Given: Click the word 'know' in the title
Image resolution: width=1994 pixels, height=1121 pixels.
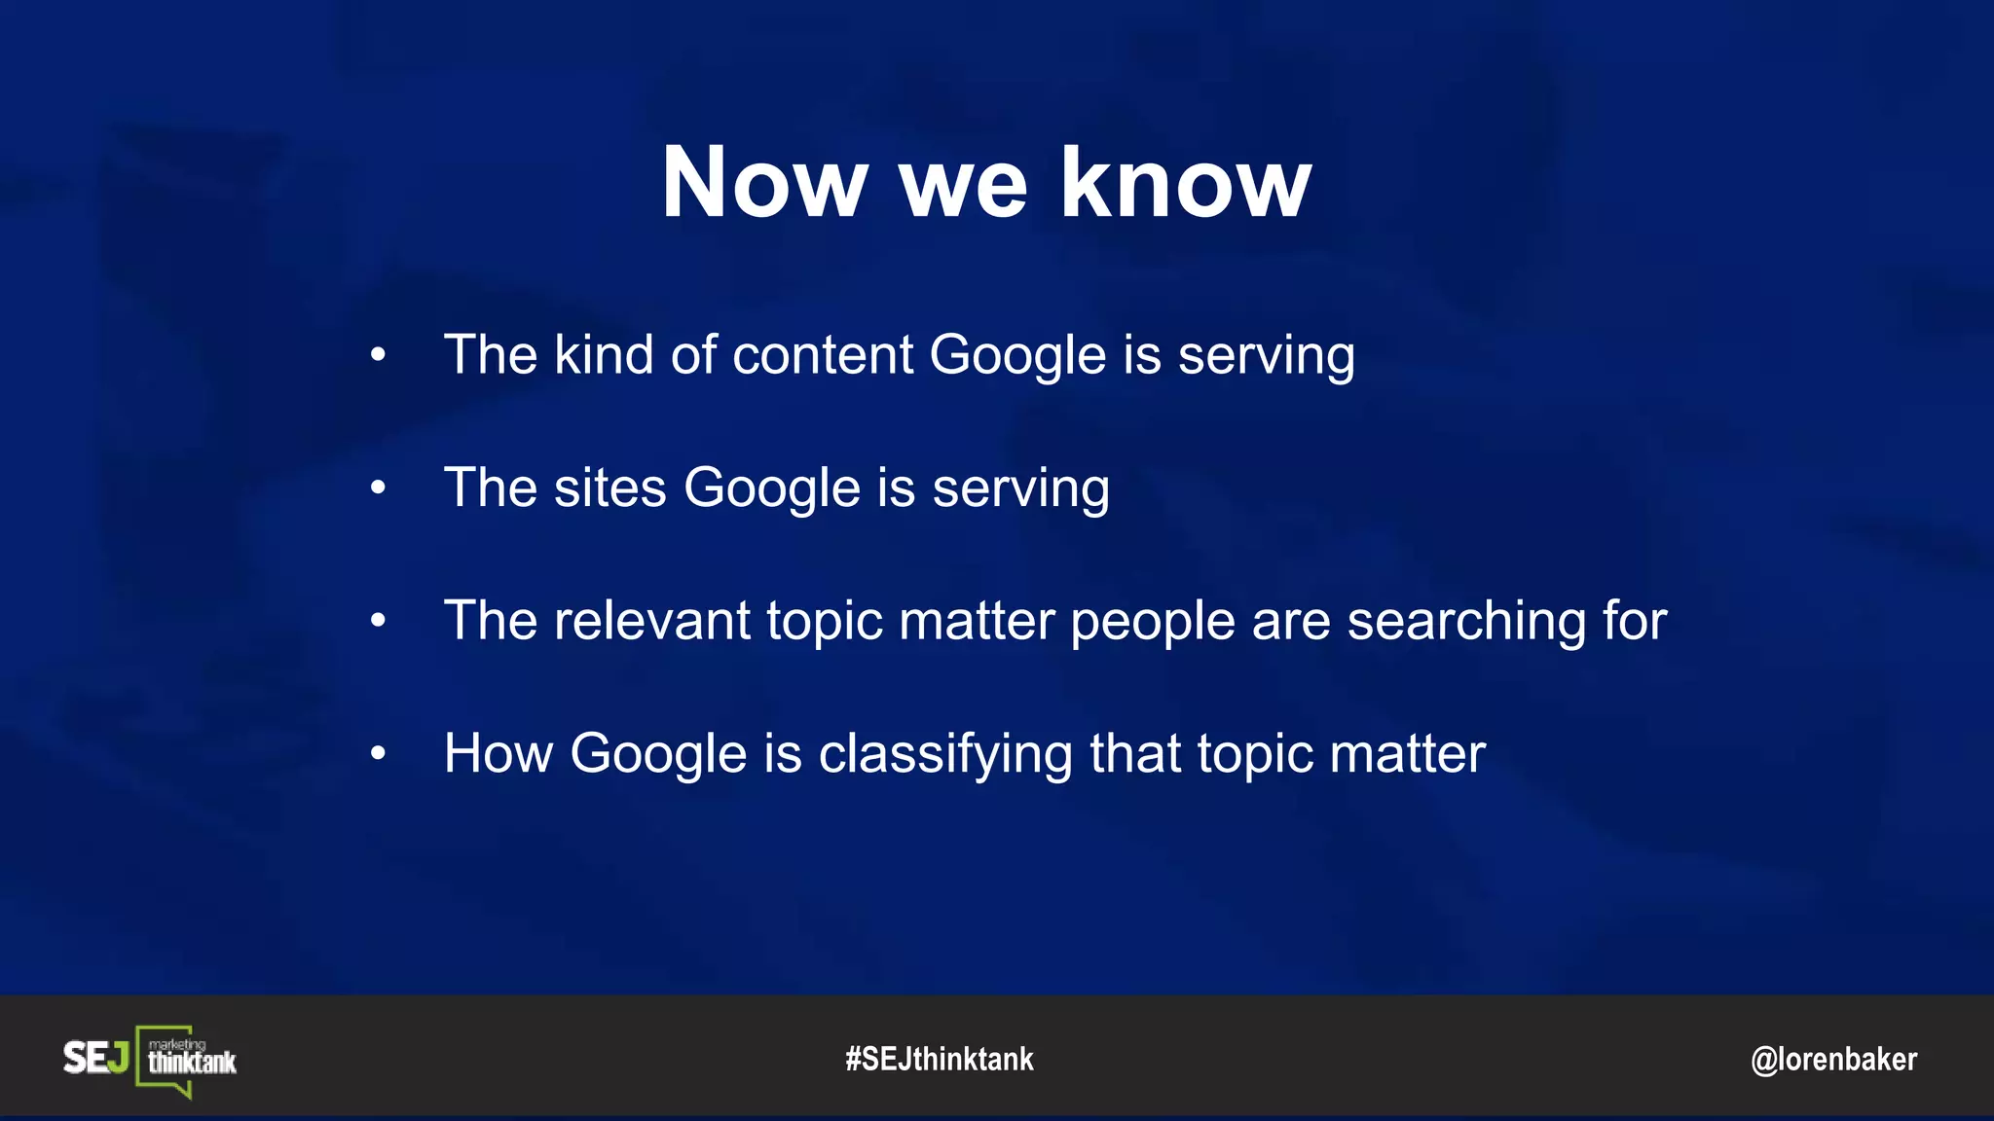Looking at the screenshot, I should (x=1185, y=182).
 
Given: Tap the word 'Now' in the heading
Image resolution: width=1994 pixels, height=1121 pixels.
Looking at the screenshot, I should (x=763, y=182).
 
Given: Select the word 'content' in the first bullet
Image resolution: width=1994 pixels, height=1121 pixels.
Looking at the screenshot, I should (x=823, y=354).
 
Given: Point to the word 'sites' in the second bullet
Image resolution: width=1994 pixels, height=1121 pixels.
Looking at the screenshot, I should (x=609, y=488).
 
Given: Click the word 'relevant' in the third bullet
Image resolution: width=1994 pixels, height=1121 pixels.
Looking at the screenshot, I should (x=651, y=621).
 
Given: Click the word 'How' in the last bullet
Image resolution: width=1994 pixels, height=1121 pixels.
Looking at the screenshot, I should (x=498, y=753).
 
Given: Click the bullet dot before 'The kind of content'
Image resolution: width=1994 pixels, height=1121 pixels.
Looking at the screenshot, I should (x=378, y=355).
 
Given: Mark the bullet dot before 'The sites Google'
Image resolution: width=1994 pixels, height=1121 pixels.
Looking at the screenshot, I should (x=378, y=488).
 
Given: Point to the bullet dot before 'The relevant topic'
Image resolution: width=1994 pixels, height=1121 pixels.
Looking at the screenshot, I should (x=378, y=621).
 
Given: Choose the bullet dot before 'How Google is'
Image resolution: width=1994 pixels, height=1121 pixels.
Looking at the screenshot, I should (x=378, y=753).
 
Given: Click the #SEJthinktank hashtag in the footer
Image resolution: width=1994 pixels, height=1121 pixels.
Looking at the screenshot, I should (x=940, y=1059).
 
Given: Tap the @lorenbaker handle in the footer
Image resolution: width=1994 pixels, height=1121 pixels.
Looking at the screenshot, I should (x=1833, y=1059).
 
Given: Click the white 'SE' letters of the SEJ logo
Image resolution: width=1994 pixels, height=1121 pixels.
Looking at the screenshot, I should (x=85, y=1058).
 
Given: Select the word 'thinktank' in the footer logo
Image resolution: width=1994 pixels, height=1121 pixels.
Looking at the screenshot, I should (x=192, y=1063).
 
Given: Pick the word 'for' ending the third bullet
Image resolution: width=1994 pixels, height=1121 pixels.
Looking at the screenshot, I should (x=1635, y=621).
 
